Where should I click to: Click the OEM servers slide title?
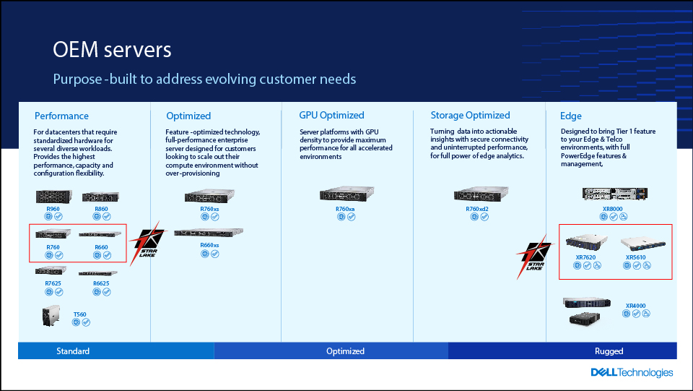[113, 49]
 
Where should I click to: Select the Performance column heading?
[61, 116]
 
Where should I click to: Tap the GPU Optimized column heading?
[331, 115]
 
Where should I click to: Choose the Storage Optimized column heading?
[470, 115]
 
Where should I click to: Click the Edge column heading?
[570, 116]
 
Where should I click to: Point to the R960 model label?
[53, 209]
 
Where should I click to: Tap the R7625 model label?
[53, 283]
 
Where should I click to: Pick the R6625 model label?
[101, 283]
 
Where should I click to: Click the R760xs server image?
[209, 197]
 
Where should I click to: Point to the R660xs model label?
[209, 245]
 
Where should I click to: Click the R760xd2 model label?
[477, 209]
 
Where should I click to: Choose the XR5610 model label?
[635, 257]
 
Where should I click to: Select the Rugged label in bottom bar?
[609, 351]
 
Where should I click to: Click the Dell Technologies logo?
[632, 373]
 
